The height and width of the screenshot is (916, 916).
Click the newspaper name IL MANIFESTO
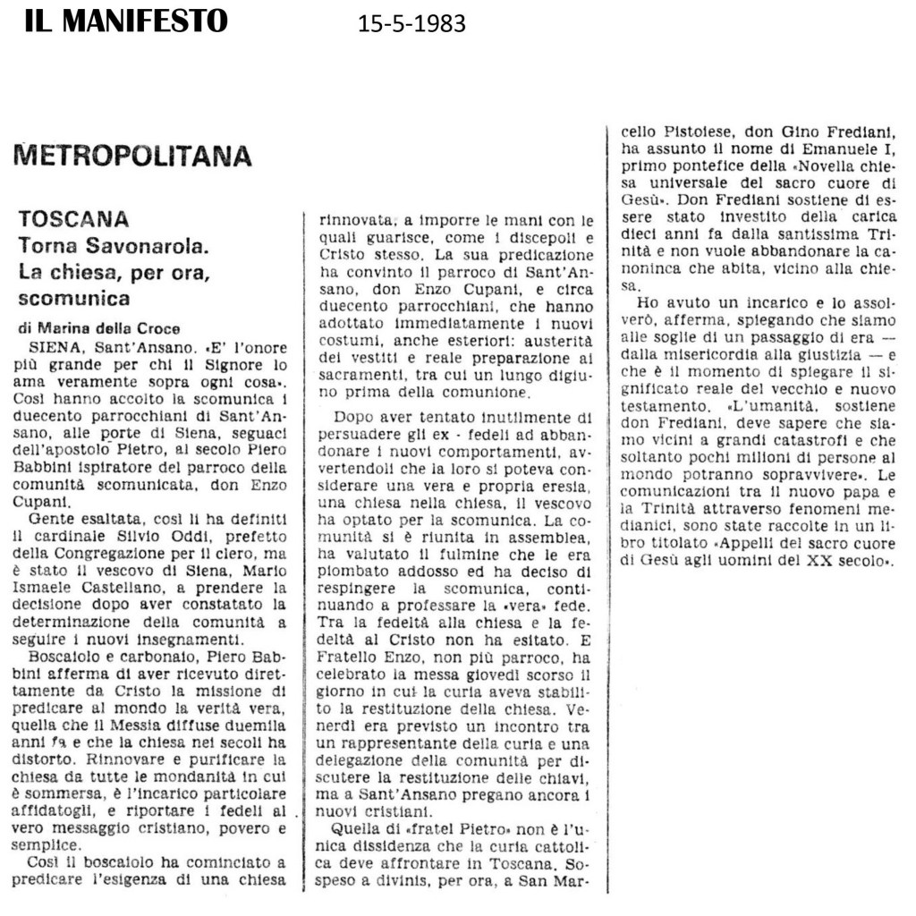(x=126, y=20)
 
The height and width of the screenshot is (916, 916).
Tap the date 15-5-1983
(x=411, y=24)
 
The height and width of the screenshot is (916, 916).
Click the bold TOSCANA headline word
(x=73, y=219)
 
